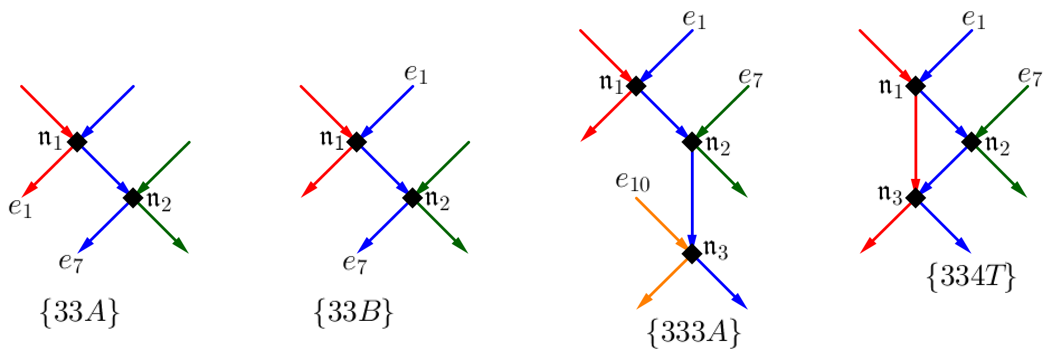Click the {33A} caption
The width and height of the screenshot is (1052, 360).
[x=80, y=313]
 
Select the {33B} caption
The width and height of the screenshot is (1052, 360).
[x=354, y=313]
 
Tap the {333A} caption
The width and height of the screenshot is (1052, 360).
[x=694, y=333]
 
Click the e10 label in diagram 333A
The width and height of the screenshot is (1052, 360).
[x=632, y=182]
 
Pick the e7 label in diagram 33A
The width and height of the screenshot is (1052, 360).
[x=71, y=261]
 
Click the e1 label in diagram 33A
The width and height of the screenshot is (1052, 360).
[x=20, y=207]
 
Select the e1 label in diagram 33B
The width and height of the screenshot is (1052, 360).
[x=416, y=74]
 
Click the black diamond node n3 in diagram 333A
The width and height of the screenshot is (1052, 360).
[x=692, y=253]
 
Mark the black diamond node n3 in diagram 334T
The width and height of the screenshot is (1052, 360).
[x=915, y=197]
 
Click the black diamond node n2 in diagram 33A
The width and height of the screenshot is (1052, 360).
[x=133, y=197]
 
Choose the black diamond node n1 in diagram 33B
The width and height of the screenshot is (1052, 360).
[x=356, y=142]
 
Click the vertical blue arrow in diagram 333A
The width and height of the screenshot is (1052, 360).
[x=692, y=196]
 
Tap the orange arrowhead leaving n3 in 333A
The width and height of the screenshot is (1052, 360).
[x=645, y=301]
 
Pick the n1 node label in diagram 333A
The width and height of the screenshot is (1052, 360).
[x=611, y=84]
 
